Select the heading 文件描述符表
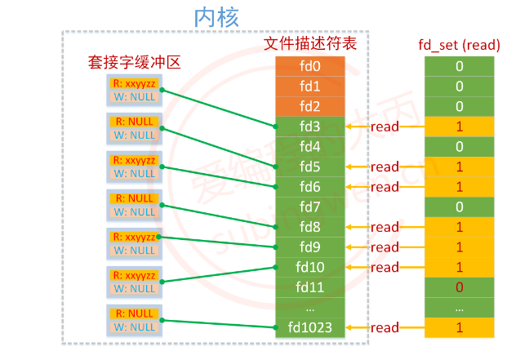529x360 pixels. click(x=309, y=44)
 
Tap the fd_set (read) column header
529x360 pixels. click(x=460, y=44)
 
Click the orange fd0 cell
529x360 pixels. click(x=310, y=66)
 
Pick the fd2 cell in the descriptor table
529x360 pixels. click(x=310, y=106)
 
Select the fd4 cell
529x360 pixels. click(x=310, y=146)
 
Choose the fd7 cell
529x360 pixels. click(x=310, y=207)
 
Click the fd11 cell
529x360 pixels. click(x=310, y=287)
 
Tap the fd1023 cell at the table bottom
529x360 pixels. click(x=310, y=327)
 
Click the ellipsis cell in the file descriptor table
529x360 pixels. click(x=310, y=308)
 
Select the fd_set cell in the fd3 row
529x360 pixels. click(x=460, y=127)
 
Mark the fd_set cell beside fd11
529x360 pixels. click(x=460, y=287)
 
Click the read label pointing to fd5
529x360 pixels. click(x=385, y=167)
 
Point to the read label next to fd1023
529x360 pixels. click(x=385, y=327)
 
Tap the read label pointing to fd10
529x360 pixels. click(x=385, y=267)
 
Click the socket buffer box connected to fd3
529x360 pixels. click(x=135, y=90)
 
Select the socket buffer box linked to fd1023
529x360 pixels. click(x=135, y=320)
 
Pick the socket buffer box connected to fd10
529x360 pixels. click(x=135, y=282)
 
